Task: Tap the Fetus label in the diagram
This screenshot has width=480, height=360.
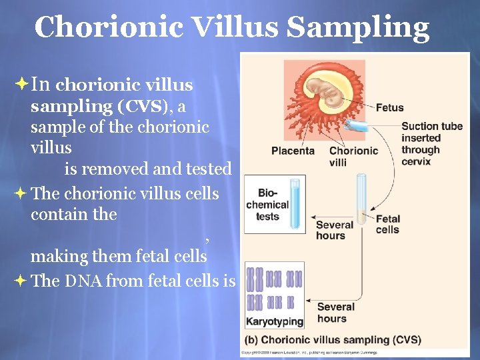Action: click(x=389, y=107)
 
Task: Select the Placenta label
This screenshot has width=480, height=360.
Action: click(x=293, y=151)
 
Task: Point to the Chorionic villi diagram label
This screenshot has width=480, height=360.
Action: click(x=353, y=156)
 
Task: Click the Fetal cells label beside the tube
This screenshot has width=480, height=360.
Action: click(x=387, y=224)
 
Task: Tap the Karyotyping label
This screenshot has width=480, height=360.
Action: click(x=275, y=321)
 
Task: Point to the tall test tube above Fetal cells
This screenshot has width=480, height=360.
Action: click(x=361, y=197)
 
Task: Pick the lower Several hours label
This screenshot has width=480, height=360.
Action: click(x=335, y=312)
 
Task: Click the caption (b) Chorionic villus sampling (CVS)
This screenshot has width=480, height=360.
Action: click(x=333, y=340)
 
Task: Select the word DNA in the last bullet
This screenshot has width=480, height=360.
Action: click(x=83, y=281)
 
